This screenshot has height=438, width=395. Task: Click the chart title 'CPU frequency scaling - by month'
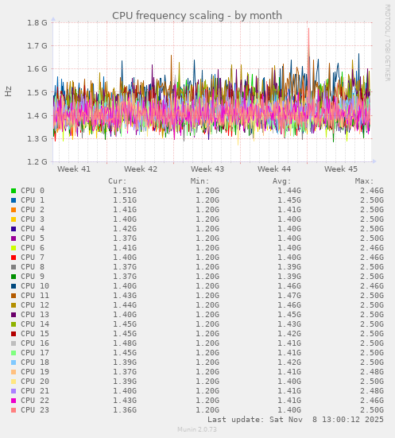pyautogui.click(x=197, y=15)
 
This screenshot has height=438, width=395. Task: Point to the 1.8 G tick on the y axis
pyautogui.click(x=37, y=23)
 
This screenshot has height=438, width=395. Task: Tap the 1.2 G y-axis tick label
pyautogui.click(x=37, y=162)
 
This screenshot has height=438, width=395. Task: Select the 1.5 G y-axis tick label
pyautogui.click(x=37, y=92)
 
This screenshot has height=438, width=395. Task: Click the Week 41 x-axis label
pyautogui.click(x=74, y=169)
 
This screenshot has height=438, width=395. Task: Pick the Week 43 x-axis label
pyautogui.click(x=207, y=169)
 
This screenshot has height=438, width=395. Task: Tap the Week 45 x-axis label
pyautogui.click(x=341, y=169)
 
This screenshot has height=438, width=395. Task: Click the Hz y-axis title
pyautogui.click(x=9, y=91)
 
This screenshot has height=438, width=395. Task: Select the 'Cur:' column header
pyautogui.click(x=118, y=181)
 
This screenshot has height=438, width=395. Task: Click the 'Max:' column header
pyautogui.click(x=365, y=181)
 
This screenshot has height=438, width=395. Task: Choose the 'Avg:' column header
pyautogui.click(x=282, y=181)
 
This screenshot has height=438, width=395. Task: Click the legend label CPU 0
pyautogui.click(x=33, y=191)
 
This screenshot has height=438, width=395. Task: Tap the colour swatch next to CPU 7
pyautogui.click(x=14, y=258)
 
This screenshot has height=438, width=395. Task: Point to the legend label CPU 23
pyautogui.click(x=35, y=410)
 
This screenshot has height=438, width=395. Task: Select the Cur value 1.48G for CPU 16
pyautogui.click(x=124, y=343)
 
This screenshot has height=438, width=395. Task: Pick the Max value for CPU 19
pyautogui.click(x=371, y=372)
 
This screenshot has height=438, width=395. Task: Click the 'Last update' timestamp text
pyautogui.click(x=296, y=419)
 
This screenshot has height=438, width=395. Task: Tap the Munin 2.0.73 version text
pyautogui.click(x=197, y=430)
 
